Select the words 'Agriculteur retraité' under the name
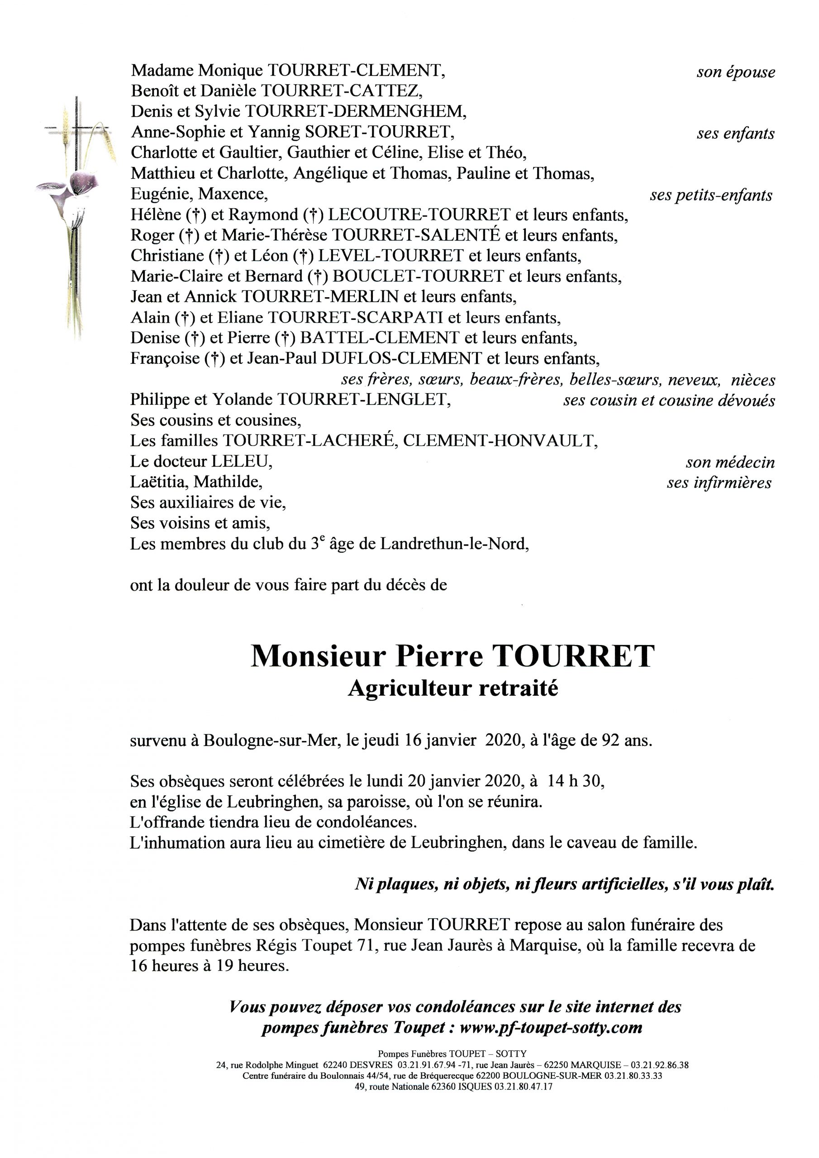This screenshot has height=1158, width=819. pos(453,688)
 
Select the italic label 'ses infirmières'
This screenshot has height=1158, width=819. pos(719,483)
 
